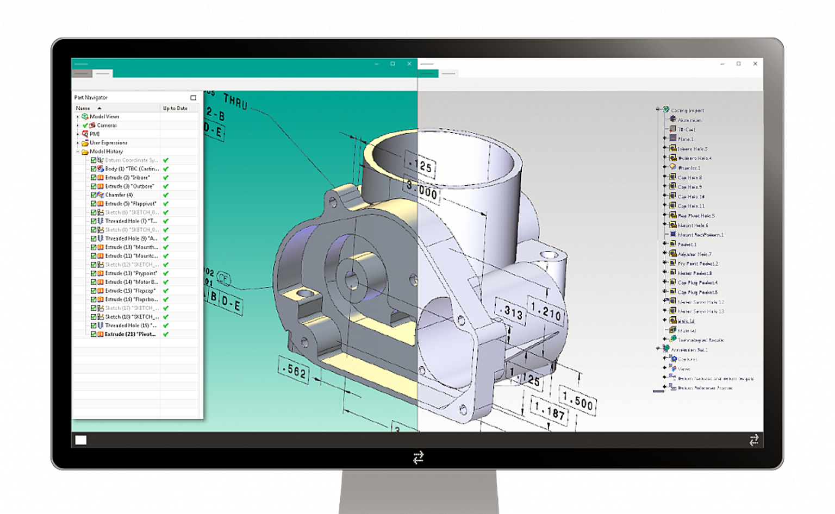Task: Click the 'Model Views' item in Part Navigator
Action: click(x=104, y=116)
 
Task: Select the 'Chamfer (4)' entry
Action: click(x=119, y=195)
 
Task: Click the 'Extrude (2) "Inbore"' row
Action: click(x=127, y=178)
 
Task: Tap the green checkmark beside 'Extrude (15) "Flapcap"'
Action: click(x=166, y=291)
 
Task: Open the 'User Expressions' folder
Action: click(x=108, y=142)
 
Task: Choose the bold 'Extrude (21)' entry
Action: click(x=130, y=334)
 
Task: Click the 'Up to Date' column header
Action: click(x=175, y=108)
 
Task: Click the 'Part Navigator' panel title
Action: click(x=91, y=97)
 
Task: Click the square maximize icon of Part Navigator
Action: click(x=193, y=98)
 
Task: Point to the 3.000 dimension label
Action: click(x=422, y=192)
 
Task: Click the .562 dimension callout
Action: click(x=294, y=371)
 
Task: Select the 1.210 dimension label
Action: click(x=546, y=312)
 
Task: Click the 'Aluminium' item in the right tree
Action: click(x=689, y=120)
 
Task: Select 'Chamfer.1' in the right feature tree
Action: click(x=689, y=168)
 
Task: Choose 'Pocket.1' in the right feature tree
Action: click(x=687, y=245)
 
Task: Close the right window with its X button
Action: click(x=755, y=64)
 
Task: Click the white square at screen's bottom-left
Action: click(x=81, y=440)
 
